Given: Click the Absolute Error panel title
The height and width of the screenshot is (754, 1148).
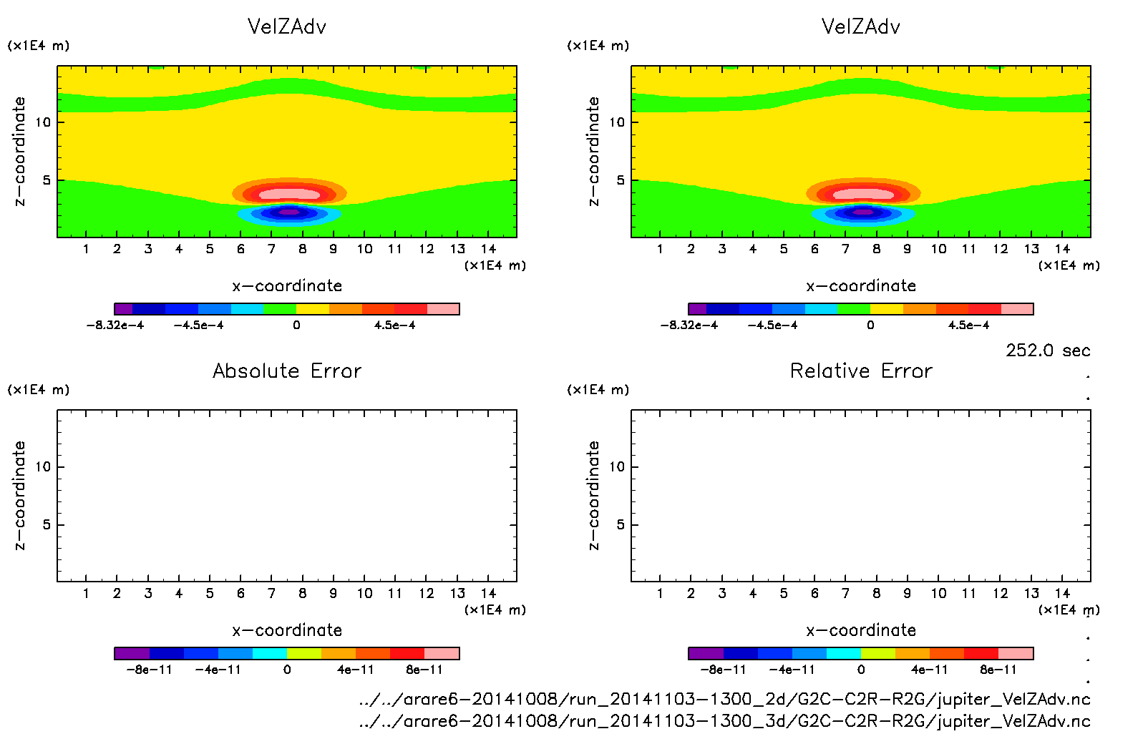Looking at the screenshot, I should (x=287, y=371).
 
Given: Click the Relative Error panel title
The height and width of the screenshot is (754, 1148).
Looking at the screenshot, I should (x=861, y=371).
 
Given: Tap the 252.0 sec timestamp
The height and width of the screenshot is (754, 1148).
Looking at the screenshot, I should (x=1048, y=351).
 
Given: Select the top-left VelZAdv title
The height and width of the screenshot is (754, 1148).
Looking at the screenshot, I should (x=287, y=26).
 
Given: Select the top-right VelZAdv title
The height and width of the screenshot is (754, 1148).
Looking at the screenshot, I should (x=861, y=26).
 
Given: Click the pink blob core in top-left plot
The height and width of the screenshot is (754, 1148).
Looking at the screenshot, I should (x=289, y=194).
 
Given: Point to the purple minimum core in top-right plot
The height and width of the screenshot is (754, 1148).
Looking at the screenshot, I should (x=863, y=212).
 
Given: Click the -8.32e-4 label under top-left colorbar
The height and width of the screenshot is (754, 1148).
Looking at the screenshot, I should (x=115, y=325).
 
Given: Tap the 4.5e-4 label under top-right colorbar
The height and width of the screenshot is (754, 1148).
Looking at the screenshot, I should (x=968, y=325).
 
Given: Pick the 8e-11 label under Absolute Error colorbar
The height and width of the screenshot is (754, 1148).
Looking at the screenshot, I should (x=424, y=670).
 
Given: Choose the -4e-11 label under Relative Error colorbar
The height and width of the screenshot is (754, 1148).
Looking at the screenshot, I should (x=792, y=670).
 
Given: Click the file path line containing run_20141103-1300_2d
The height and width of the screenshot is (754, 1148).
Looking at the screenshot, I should (x=724, y=699).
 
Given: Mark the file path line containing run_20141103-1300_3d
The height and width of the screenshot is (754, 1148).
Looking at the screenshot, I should (x=724, y=721).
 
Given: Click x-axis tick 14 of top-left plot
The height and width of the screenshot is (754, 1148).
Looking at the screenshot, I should (x=488, y=249).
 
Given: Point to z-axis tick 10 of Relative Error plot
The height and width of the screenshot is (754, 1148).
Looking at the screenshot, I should (x=617, y=466).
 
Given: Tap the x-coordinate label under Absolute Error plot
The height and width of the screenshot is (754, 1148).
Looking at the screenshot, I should (x=287, y=630).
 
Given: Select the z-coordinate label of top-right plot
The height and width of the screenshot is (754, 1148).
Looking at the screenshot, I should (x=593, y=151).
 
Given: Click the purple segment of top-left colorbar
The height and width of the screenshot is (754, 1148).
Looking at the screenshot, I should (x=123, y=309).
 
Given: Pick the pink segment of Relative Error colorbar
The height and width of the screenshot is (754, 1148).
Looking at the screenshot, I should (x=1016, y=653).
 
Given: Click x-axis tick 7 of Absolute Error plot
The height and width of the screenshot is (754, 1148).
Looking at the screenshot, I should (x=271, y=593).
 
